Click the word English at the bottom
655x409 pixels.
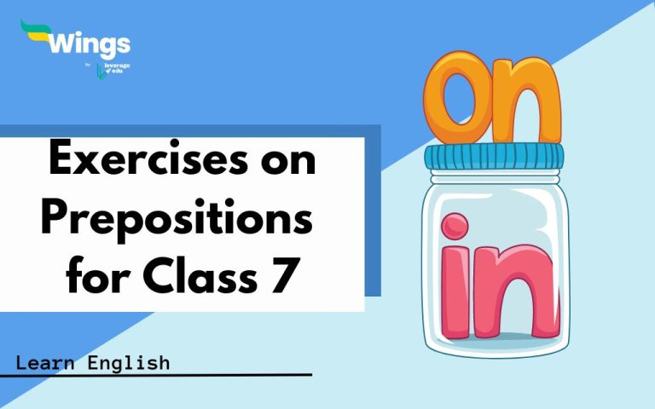[129, 364]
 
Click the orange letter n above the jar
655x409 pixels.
[528, 107]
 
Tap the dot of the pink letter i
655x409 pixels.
[455, 228]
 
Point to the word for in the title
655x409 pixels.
[94, 277]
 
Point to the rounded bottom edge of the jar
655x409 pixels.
[496, 349]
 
